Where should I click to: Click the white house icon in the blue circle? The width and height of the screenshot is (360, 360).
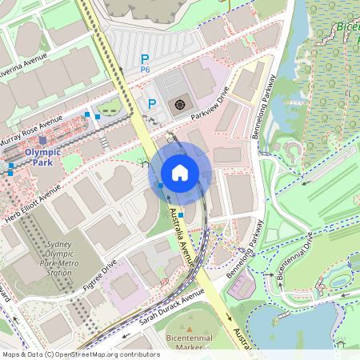pyautogui.click(x=180, y=172)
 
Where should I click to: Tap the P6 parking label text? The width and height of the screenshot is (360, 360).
pyautogui.click(x=145, y=70)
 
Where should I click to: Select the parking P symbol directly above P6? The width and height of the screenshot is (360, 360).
pyautogui.click(x=145, y=58)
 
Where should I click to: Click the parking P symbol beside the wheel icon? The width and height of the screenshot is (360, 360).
pyautogui.click(x=152, y=104)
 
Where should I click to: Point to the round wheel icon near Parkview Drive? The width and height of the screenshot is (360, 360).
pyautogui.click(x=180, y=104)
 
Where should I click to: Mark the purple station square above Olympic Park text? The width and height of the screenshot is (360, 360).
pyautogui.click(x=42, y=141)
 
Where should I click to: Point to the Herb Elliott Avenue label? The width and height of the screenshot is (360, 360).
pyautogui.click(x=32, y=203)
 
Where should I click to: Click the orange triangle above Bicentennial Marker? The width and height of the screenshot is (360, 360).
pyautogui.click(x=190, y=327)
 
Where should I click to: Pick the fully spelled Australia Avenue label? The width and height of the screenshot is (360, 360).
pyautogui.click(x=183, y=235)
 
